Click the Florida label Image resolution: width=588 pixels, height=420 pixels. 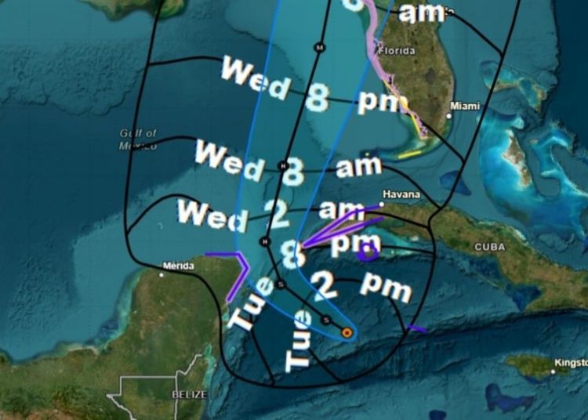pyautogui.click(x=396, y=51)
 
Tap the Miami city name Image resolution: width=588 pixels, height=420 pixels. pyautogui.click(x=465, y=106)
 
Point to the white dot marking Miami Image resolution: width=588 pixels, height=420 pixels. pyautogui.click(x=449, y=116)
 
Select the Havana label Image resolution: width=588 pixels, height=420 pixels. pyautogui.click(x=401, y=194)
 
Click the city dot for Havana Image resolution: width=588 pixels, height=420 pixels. pyautogui.click(x=382, y=205)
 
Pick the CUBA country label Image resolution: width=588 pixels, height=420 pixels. pyautogui.click(x=490, y=246)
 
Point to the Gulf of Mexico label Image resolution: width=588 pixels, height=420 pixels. pyautogui.click(x=139, y=139)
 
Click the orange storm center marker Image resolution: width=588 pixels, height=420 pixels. pyautogui.click(x=347, y=333)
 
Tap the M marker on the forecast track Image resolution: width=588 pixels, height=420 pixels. pyautogui.click(x=319, y=48)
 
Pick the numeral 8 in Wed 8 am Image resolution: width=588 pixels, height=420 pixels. pyautogui.click(x=293, y=172)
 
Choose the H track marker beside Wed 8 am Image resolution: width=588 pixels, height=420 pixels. pyautogui.click(x=283, y=165)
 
